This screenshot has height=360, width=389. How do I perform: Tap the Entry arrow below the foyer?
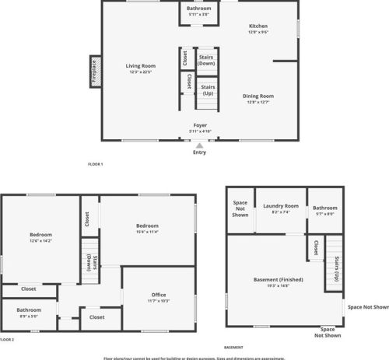click(x=200, y=145)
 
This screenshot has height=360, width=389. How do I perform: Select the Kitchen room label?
click(x=258, y=26)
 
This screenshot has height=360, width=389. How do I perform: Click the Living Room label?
click(x=141, y=66)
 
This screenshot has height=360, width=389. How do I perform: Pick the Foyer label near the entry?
click(x=201, y=124)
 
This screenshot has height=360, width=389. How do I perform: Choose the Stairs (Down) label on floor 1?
click(x=207, y=60)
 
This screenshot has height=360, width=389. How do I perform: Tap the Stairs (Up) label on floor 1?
click(x=208, y=90)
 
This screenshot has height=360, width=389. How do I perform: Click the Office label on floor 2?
click(x=159, y=294)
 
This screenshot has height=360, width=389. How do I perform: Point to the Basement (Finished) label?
click(x=278, y=279)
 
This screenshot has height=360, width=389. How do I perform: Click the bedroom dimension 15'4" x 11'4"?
click(x=147, y=231)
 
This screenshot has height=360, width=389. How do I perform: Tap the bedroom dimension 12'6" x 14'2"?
click(x=40, y=241)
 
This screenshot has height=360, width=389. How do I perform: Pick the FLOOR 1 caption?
click(x=96, y=164)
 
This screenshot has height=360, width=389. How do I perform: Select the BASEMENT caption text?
click(x=233, y=347)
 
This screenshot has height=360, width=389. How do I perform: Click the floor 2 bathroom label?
click(x=30, y=309)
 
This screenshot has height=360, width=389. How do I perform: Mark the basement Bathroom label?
click(x=325, y=208)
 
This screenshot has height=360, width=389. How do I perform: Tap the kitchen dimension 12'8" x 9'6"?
click(x=258, y=33)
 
